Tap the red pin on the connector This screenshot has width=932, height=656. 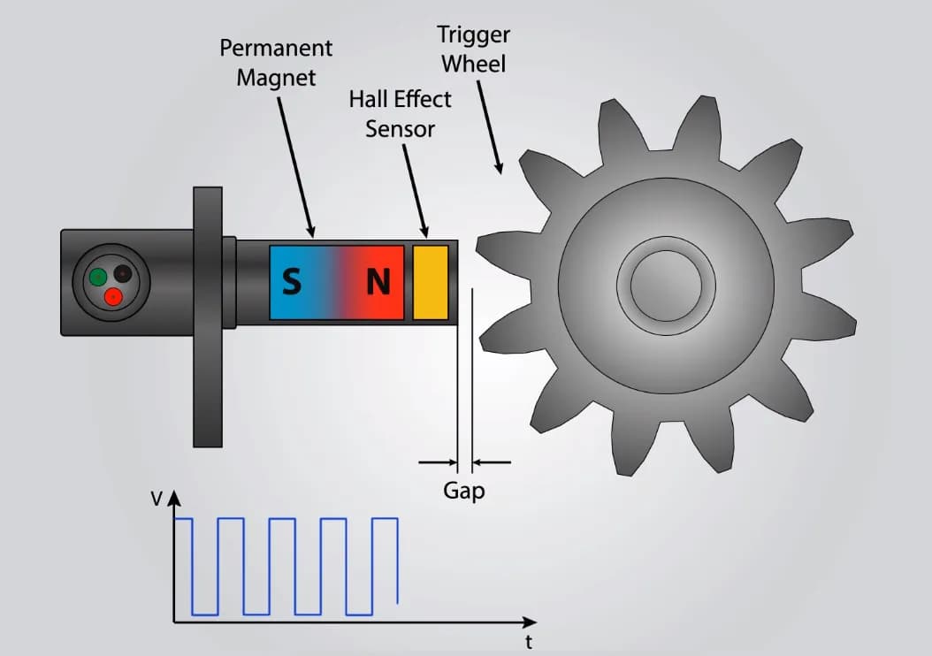(x=112, y=297)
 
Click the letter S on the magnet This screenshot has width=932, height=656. (x=291, y=282)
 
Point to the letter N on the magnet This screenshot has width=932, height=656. (x=378, y=282)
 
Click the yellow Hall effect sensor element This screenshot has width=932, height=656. (x=431, y=282)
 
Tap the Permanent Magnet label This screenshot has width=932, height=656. (x=276, y=62)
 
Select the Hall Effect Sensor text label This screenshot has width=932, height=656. (x=401, y=113)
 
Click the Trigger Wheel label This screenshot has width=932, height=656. (x=474, y=50)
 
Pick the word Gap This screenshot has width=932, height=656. (x=464, y=491)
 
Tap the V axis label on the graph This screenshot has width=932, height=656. (x=157, y=499)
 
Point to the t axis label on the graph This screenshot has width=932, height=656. (x=529, y=642)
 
